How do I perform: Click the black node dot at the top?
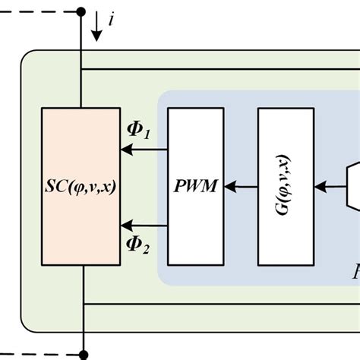[x=81, y=11]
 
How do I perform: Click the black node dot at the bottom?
[x=84, y=354]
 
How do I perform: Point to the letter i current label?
[x=112, y=21]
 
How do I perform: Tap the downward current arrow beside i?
[x=96, y=30]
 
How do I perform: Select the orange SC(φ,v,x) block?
[x=81, y=186]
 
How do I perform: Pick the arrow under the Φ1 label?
[x=144, y=150]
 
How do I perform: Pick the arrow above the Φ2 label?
[x=144, y=224]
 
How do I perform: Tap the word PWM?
[x=195, y=187]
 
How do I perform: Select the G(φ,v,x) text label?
[x=285, y=187]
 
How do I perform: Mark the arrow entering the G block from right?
[x=328, y=186]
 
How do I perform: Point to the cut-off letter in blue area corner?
[x=355, y=270]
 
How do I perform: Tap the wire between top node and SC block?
[x=81, y=61]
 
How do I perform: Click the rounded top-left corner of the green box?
[x=27, y=58]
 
